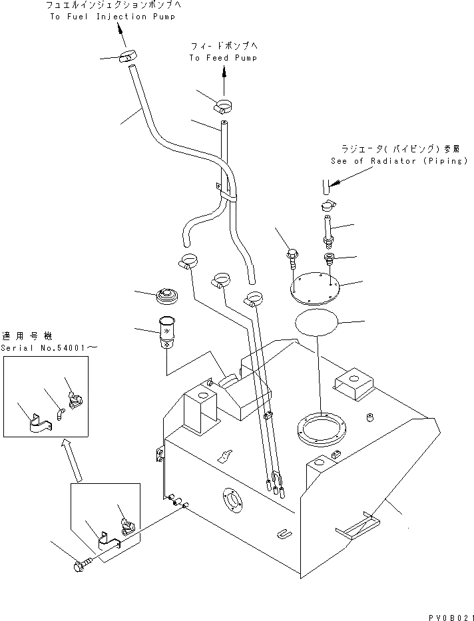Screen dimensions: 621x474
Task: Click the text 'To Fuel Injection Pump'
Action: (113, 17)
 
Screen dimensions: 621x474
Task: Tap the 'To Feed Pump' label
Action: (222, 58)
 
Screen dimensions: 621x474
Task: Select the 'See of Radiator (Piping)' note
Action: (399, 161)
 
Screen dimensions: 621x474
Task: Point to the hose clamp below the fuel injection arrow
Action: (126, 57)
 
